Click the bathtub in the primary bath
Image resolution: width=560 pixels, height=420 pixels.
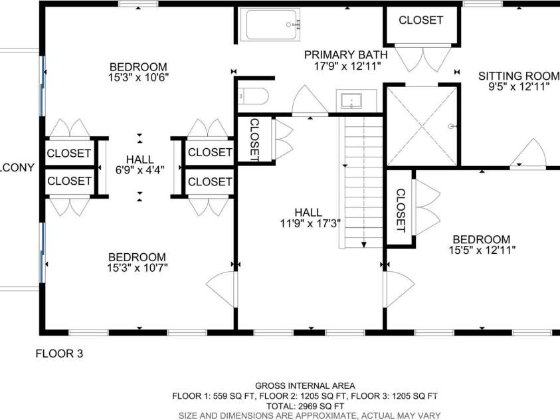(x=273, y=25)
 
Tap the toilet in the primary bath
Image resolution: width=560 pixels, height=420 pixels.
(x=254, y=96)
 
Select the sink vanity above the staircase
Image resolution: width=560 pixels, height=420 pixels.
(x=351, y=101)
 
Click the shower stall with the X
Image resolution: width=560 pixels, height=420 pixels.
(x=422, y=126)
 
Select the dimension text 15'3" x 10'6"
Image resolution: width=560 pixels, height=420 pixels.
(x=139, y=77)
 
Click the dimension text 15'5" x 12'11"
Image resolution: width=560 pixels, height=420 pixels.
(x=482, y=251)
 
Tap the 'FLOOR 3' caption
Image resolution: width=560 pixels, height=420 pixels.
(x=59, y=354)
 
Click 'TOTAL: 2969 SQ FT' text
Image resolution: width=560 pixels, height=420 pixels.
(x=305, y=405)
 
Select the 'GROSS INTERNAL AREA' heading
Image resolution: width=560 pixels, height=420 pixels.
(x=305, y=385)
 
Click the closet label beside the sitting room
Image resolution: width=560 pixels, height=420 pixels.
(x=420, y=21)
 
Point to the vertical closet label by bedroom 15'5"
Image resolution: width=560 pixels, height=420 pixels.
(x=401, y=211)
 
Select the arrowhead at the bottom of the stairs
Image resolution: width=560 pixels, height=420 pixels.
(x=364, y=244)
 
